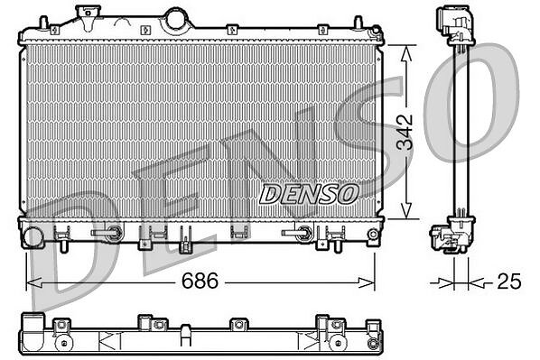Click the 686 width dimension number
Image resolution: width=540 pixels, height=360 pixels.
pyautogui.click(x=200, y=281)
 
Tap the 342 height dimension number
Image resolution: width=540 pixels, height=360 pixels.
pyautogui.click(x=405, y=132)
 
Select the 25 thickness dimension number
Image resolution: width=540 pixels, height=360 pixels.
pyautogui.click(x=509, y=282)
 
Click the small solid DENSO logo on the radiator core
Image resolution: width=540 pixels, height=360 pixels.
pyautogui.click(x=309, y=193)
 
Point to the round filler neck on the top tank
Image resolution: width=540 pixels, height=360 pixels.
pyautogui.click(x=176, y=19)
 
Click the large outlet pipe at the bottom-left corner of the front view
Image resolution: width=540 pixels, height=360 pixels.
pyautogui.click(x=33, y=236)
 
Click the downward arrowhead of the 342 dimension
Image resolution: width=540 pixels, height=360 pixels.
pyautogui.click(x=406, y=210)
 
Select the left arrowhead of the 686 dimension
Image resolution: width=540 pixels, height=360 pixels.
pyautogui.click(x=34, y=283)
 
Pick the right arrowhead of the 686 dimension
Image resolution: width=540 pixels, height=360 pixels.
pyautogui.click(x=367, y=283)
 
